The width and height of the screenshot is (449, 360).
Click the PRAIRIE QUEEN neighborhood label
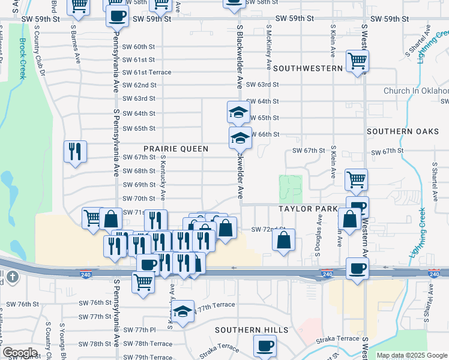tap(176, 148)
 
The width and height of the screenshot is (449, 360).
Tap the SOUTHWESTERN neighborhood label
tap(308, 68)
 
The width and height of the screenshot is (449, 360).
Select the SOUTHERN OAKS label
tap(407, 131)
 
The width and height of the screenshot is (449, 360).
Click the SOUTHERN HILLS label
tap(252, 330)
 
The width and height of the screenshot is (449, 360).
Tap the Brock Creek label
tap(22, 59)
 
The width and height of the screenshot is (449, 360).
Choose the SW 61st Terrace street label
tap(146, 73)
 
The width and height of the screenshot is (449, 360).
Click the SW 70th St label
tap(139, 199)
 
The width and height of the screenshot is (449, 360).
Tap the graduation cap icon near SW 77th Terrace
tap(183, 311)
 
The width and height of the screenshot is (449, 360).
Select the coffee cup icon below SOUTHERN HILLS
tap(265, 346)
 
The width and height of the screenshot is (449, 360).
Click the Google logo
tap(20, 353)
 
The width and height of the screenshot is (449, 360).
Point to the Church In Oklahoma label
tap(417, 91)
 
